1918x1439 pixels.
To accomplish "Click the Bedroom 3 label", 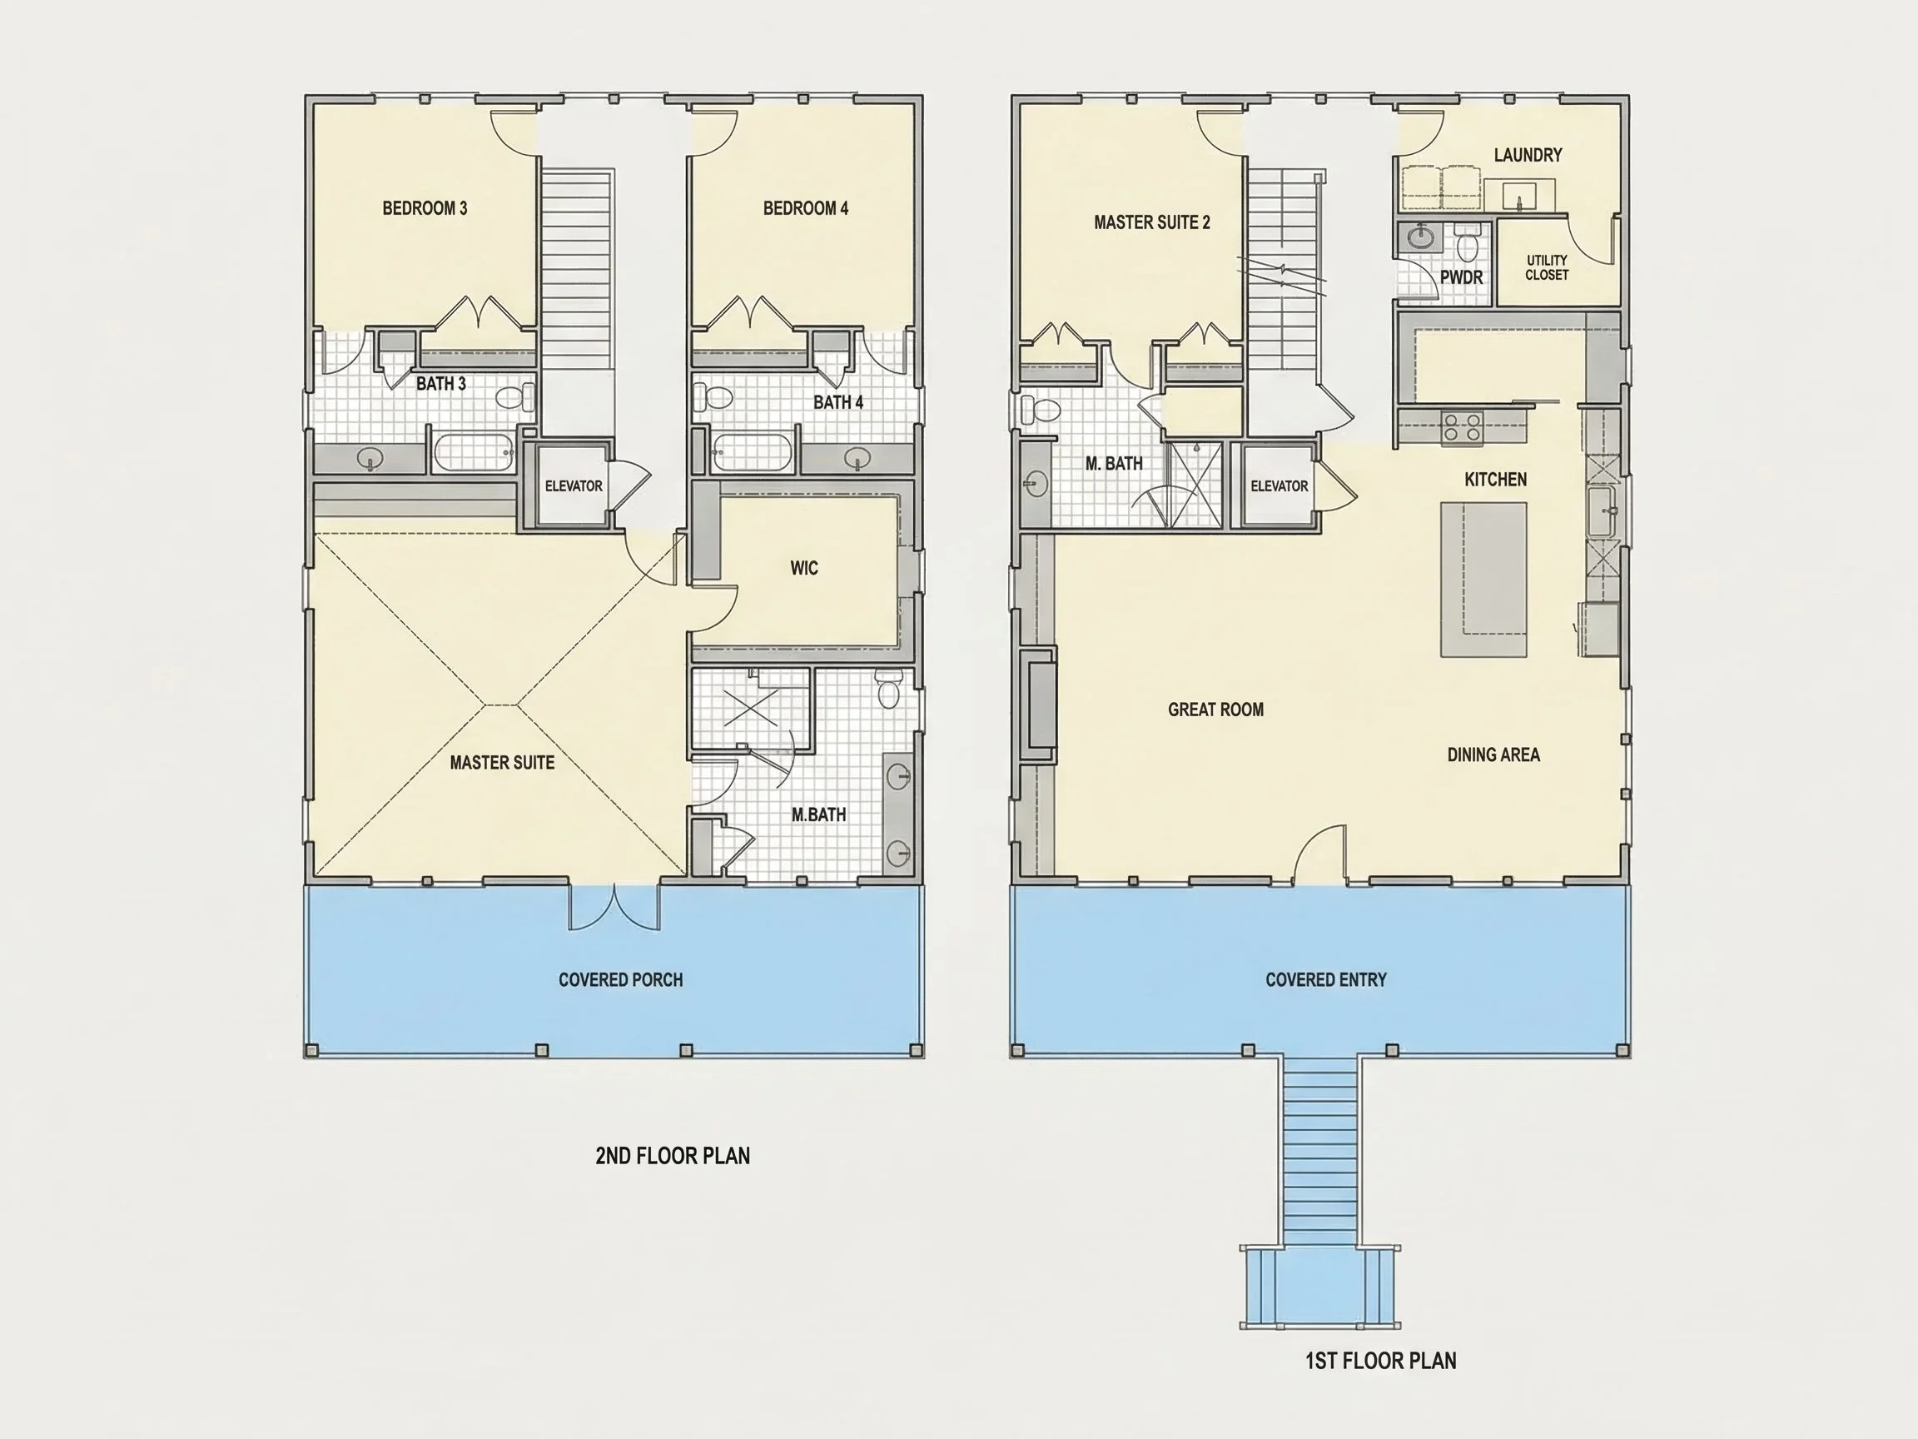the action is click(x=425, y=208).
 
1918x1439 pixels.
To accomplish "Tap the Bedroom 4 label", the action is click(x=806, y=208).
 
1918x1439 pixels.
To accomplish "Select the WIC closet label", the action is click(x=804, y=568).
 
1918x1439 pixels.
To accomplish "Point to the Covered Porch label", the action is click(x=621, y=980).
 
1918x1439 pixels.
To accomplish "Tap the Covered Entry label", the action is click(x=1326, y=980).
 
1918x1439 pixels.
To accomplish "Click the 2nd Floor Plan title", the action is click(x=673, y=1155).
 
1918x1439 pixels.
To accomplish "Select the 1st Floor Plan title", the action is click(x=1381, y=1361).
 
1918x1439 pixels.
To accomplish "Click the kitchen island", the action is click(x=1483, y=580).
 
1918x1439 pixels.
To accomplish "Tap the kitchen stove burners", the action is click(x=1462, y=429).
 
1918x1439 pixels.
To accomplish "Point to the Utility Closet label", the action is click(x=1547, y=267).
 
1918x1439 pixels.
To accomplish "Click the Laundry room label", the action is click(x=1528, y=155).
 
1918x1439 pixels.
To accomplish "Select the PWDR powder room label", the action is click(x=1462, y=277).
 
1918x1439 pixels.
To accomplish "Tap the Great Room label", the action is click(x=1215, y=710).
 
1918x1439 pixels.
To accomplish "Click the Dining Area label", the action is click(x=1493, y=754).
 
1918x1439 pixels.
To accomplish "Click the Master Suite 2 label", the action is click(x=1151, y=222).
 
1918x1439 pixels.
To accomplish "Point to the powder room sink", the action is click(x=1419, y=237).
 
